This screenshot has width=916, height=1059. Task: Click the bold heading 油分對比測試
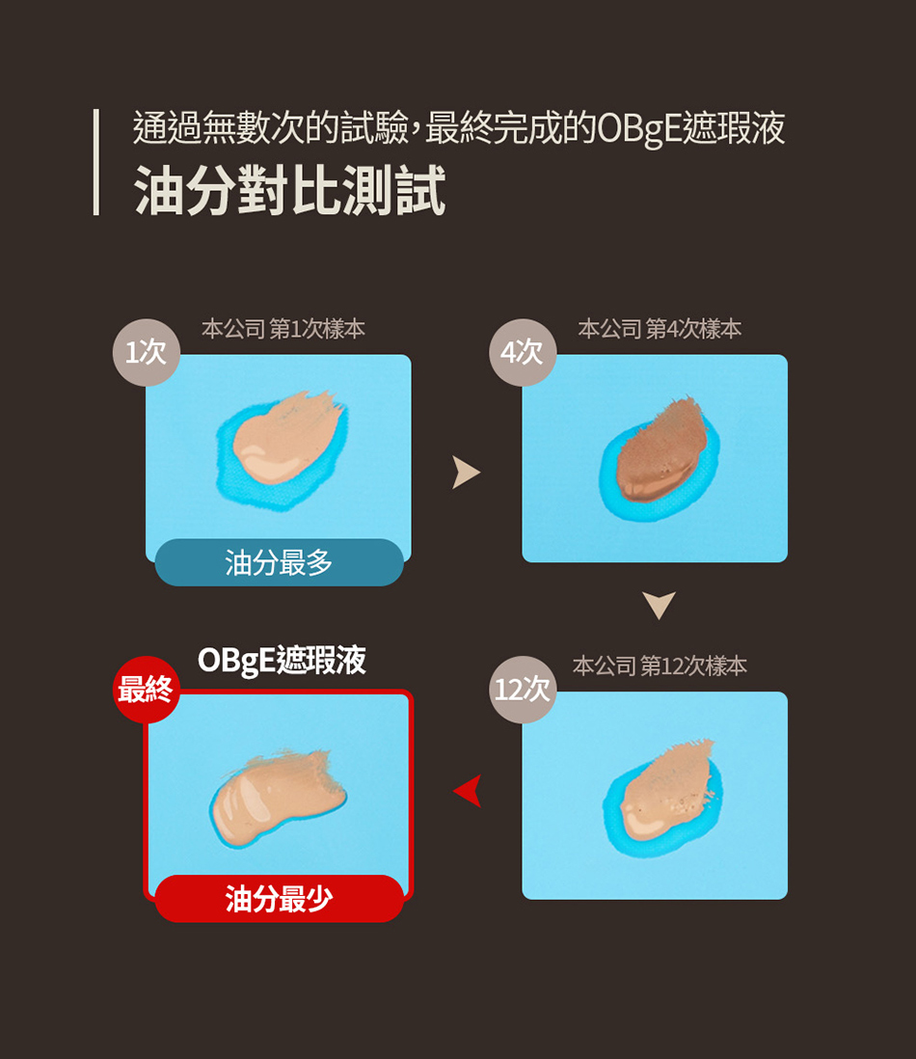coord(289,190)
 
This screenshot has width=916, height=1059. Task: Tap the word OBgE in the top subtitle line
coord(638,128)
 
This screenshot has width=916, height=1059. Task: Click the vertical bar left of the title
coord(95,162)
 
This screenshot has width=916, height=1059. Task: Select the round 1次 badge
coord(147,353)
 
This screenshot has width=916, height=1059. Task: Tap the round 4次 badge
coord(523,353)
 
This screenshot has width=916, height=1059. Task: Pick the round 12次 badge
coord(523,690)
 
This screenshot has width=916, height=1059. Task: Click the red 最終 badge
coord(147,690)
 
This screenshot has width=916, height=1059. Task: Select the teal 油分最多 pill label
coord(279,562)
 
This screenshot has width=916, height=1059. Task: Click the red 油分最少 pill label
coord(279,898)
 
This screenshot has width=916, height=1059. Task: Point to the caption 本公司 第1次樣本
coord(283,329)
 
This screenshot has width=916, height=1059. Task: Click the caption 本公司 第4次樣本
coord(660,329)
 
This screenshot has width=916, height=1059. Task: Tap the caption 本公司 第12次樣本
coord(660,665)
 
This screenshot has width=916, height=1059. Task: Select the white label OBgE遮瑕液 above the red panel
coord(283,660)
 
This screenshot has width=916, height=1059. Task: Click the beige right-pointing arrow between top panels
coord(466,472)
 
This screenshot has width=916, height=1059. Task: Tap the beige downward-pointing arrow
coord(660,605)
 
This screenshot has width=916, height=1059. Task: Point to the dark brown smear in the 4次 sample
coord(661,451)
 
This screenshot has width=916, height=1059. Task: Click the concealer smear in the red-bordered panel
coord(277,796)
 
